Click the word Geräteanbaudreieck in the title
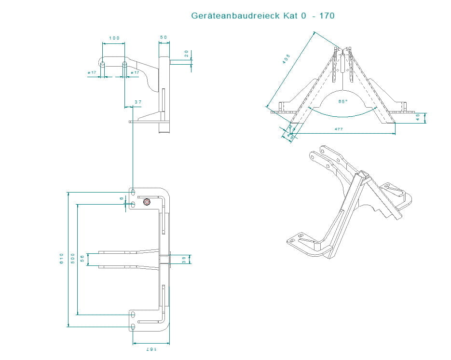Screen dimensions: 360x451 pos(232,16)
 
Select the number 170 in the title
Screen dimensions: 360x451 pos(327,16)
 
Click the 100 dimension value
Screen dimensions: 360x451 pos(114,38)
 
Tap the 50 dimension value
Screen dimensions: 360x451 pos(164,38)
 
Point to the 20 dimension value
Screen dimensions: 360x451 pos(187,54)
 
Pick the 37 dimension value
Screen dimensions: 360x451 pos(138,102)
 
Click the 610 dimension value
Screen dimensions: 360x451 pos(62,259)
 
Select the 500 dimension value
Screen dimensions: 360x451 pos(72,259)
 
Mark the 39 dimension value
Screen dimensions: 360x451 pos(184,259)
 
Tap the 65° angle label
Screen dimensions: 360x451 pos(343,102)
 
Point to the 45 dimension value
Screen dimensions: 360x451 pos(418,118)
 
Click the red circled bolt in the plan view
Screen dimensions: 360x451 pos(147,202)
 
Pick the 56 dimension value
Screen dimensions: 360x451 pos(82,259)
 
